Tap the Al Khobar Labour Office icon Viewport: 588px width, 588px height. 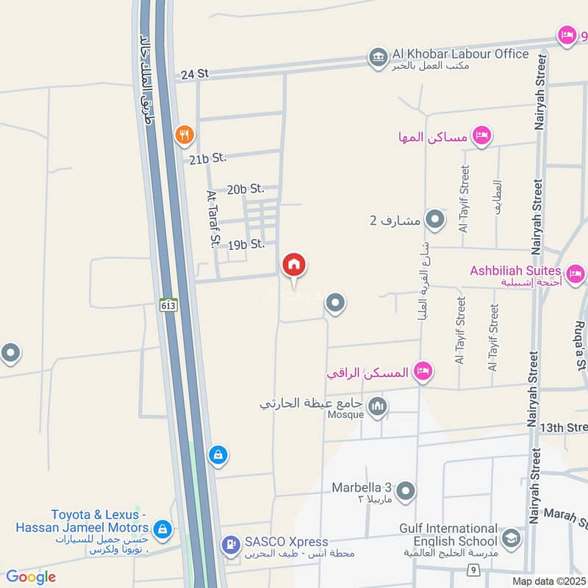(379, 57)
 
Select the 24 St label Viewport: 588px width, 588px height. (194, 73)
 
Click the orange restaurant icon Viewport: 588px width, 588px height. (184, 135)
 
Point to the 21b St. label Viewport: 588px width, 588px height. (207, 158)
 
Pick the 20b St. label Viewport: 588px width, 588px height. (245, 189)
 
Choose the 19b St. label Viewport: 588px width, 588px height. (245, 244)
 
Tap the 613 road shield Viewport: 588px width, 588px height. (168, 304)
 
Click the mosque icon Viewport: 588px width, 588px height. (378, 406)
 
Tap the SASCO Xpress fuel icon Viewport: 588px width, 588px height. (231, 545)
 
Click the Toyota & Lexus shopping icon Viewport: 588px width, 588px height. (162, 528)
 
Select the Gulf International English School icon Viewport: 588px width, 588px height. (512, 538)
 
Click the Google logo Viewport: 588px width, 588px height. (31, 577)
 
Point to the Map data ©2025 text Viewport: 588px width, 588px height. (548, 581)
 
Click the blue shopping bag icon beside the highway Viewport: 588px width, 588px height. (218, 455)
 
